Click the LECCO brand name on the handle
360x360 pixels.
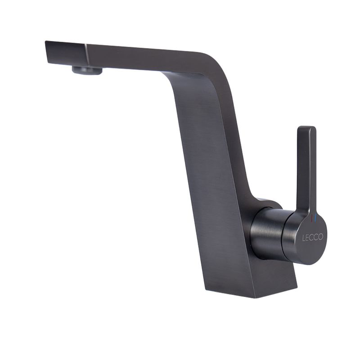click(x=312, y=237)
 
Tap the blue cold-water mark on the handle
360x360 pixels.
click(x=315, y=218)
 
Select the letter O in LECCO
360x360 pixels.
click(x=320, y=237)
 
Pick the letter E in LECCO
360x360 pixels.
click(x=307, y=238)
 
